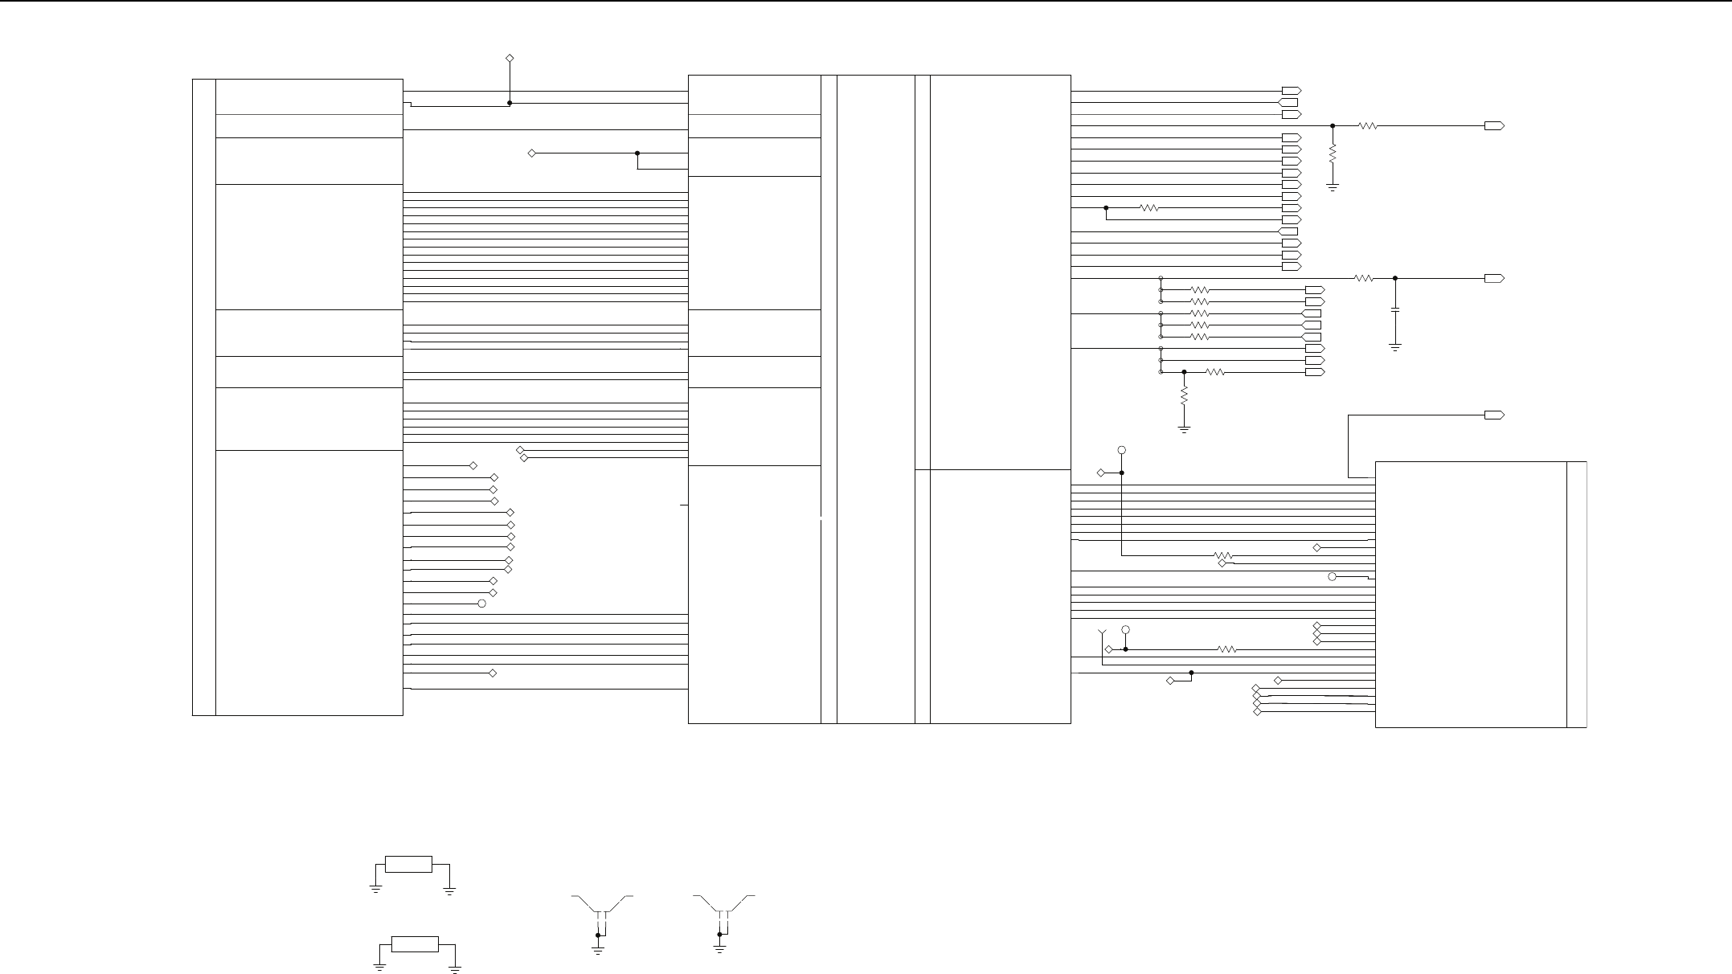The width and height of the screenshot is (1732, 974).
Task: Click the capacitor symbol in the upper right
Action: click(x=1395, y=309)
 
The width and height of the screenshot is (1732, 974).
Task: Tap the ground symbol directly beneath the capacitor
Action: click(x=1395, y=347)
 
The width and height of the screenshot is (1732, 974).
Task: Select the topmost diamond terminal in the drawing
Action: click(x=509, y=58)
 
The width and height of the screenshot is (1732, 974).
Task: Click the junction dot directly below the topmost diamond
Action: click(x=510, y=103)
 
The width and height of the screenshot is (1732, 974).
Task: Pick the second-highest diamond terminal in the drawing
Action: click(x=531, y=153)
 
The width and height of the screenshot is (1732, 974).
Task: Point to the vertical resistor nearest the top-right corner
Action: click(x=1333, y=153)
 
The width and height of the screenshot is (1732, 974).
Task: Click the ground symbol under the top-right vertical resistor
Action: click(x=1333, y=187)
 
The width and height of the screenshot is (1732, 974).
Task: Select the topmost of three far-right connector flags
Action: click(x=1494, y=126)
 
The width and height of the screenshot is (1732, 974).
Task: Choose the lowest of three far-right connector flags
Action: click(x=1494, y=415)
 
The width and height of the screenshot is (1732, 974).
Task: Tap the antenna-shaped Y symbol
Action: click(x=1102, y=634)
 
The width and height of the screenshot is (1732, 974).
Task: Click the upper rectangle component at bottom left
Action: click(x=408, y=864)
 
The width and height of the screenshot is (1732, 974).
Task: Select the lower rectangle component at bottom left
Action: click(x=414, y=943)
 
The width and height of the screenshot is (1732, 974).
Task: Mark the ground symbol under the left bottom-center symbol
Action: click(x=598, y=949)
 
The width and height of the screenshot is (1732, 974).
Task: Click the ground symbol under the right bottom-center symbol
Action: click(x=719, y=949)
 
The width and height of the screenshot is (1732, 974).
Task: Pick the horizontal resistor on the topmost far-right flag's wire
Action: click(x=1368, y=126)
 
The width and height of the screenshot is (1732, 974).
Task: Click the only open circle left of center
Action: click(x=482, y=604)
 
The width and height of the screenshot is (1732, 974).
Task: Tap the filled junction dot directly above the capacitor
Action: click(x=1395, y=278)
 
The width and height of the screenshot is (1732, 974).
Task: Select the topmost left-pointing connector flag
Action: click(x=1288, y=103)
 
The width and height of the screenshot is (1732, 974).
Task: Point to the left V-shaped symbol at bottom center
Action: click(x=601, y=904)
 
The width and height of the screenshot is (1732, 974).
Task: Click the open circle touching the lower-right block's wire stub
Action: click(x=1332, y=577)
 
